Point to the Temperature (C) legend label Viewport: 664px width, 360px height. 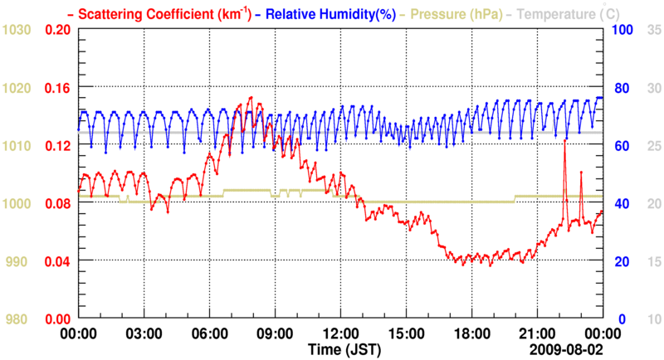coord(569,13)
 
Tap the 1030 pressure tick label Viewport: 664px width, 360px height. coord(17,30)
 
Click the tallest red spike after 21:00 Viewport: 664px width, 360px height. coord(564,141)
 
